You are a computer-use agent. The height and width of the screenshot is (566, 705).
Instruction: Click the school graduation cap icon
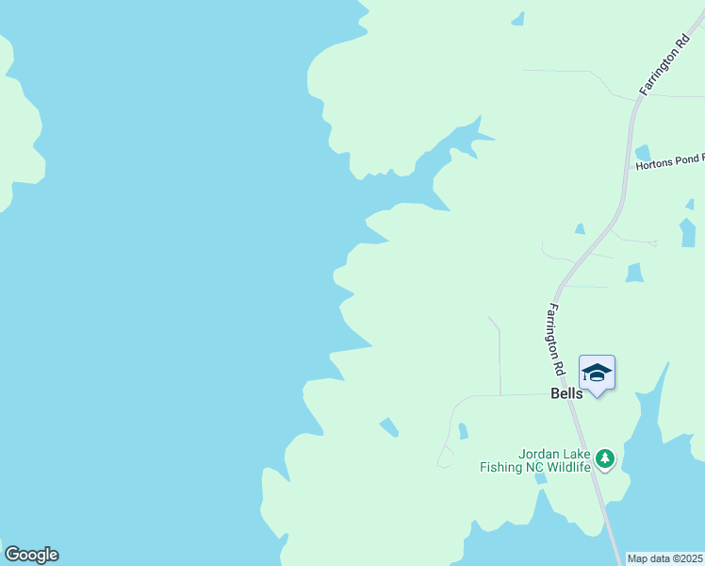click(x=597, y=373)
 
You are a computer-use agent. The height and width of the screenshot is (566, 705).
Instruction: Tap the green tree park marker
click(x=605, y=459)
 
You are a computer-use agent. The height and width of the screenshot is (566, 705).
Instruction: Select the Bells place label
click(x=566, y=393)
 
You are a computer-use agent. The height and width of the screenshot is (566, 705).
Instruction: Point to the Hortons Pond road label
click(x=669, y=164)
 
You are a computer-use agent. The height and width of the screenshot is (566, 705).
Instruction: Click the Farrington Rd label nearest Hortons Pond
click(x=665, y=65)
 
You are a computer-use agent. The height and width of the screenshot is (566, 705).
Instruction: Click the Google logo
click(x=31, y=555)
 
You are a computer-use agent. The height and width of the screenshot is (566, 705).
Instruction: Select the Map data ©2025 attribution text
click(x=665, y=558)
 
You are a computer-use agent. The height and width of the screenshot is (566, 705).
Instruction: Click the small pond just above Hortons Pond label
click(x=643, y=152)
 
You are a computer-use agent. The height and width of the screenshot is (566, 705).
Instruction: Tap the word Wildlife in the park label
click(x=569, y=466)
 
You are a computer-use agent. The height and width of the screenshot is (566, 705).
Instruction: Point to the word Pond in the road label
click(x=686, y=164)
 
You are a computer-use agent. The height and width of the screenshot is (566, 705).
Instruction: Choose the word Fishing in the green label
click(x=501, y=466)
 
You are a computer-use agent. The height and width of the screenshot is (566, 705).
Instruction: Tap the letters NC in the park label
click(x=535, y=466)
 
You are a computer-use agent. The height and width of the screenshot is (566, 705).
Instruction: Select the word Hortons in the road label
click(x=654, y=164)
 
